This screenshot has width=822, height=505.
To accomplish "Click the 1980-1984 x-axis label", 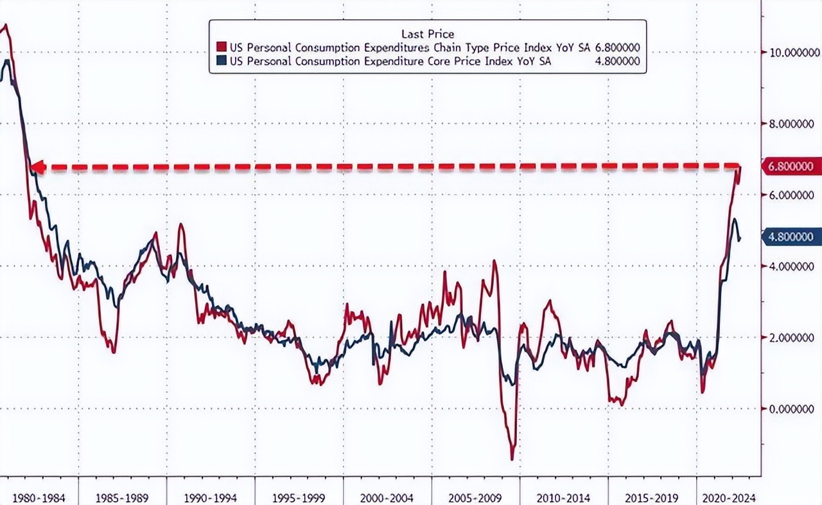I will click(39, 497).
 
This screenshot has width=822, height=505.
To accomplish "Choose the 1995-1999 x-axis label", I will click(299, 497).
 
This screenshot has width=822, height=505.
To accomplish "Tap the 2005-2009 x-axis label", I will click(475, 497).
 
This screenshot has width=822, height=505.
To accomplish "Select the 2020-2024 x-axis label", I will click(729, 497).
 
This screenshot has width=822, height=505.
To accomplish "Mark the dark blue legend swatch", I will click(222, 61).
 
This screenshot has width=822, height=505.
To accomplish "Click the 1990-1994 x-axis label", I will click(211, 497).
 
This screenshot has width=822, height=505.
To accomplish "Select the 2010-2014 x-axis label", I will click(563, 497).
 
